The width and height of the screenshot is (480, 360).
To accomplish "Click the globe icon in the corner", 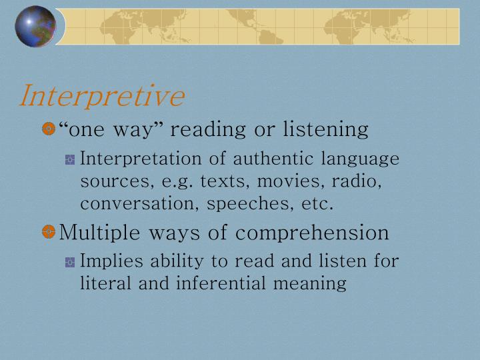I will (x=35, y=27).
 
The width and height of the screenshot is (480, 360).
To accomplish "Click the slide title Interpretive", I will (x=101, y=96).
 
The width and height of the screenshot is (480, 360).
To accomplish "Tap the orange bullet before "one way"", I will (x=48, y=129).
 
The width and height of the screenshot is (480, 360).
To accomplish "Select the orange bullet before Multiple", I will (x=48, y=232).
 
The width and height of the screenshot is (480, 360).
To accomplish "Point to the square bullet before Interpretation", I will (x=70, y=160).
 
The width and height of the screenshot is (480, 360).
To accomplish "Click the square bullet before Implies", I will (x=70, y=262).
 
